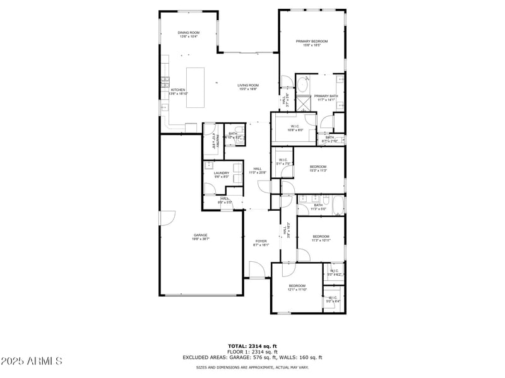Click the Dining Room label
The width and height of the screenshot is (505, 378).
click(187, 35)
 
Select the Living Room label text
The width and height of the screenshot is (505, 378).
click(248, 87)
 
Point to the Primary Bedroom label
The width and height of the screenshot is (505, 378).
click(312, 43)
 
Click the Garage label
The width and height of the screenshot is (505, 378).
click(201, 237)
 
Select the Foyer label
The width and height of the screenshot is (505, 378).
click(261, 243)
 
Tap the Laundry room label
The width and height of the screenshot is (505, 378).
click(221, 175)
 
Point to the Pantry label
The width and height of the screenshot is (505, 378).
click(213, 140)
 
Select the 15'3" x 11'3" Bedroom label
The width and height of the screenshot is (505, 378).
click(318, 168)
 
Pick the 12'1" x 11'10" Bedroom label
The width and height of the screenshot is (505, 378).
click(297, 288)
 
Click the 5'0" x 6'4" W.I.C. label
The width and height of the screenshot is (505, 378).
click(333, 299)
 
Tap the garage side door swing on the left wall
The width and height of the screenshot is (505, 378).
click(166, 218)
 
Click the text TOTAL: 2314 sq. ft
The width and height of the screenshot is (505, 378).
click(252, 346)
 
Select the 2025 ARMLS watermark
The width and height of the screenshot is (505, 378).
click(32, 362)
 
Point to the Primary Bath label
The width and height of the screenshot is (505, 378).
click(326, 98)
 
